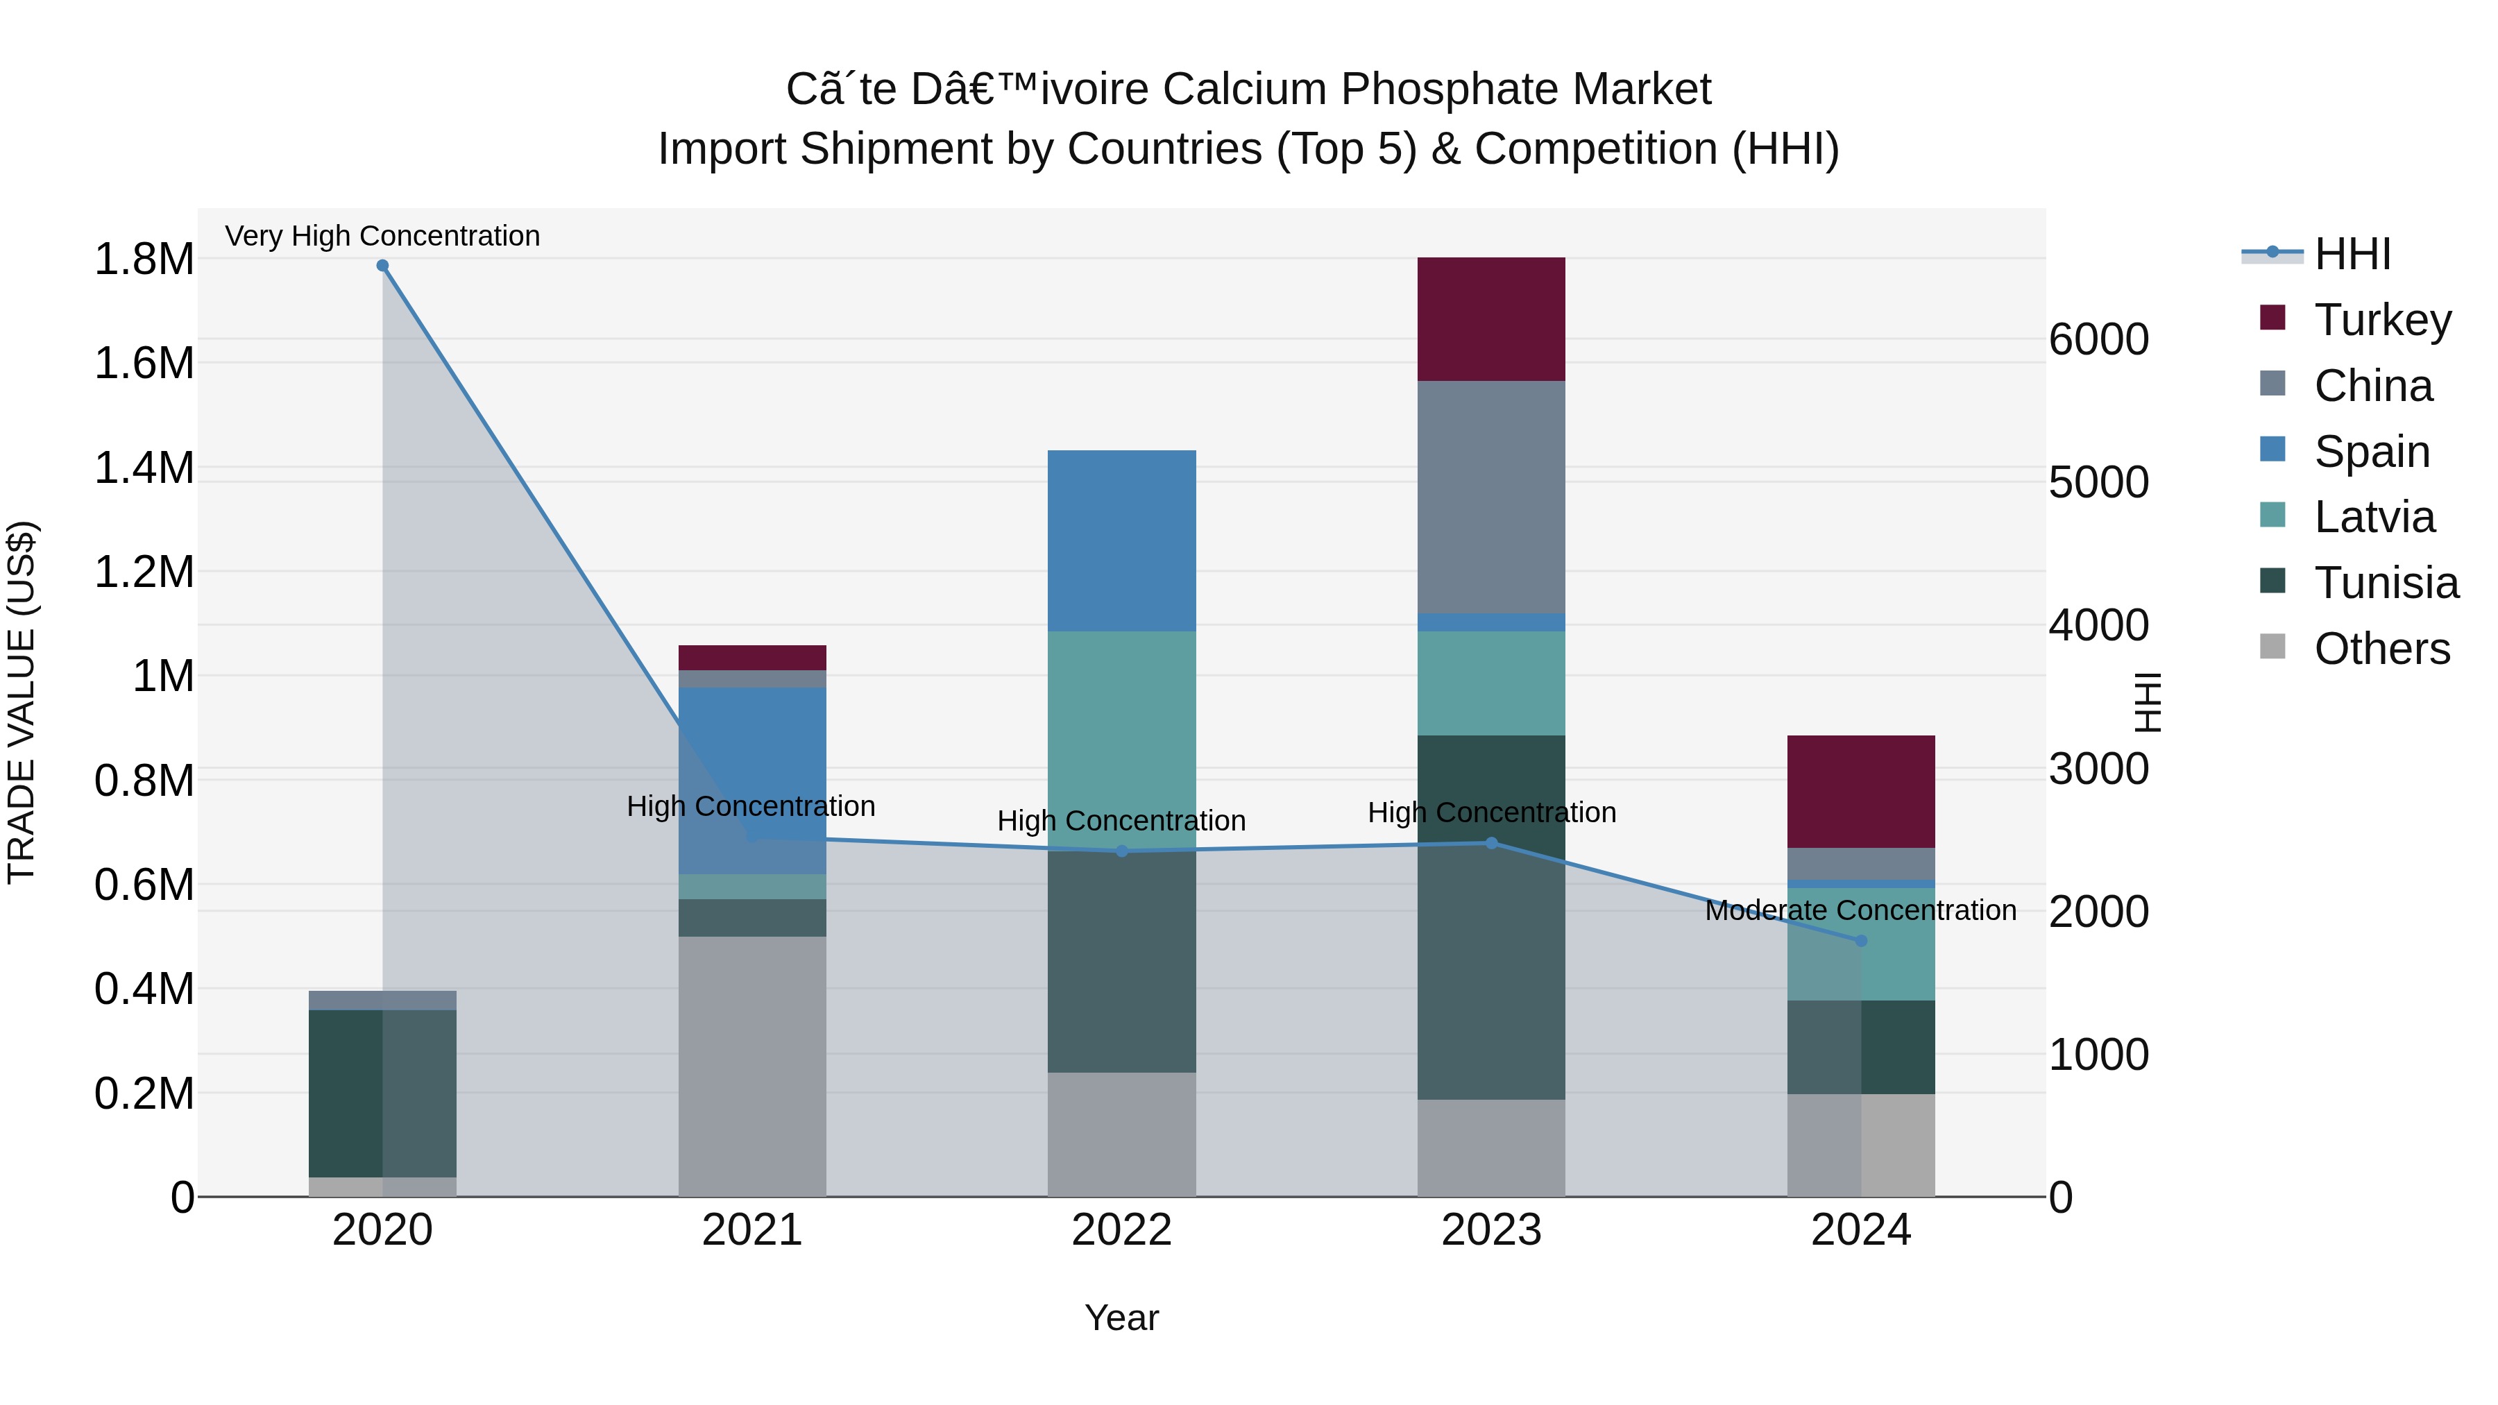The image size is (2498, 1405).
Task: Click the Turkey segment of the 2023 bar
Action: [x=1490, y=319]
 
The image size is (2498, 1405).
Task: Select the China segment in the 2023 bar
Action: [x=1490, y=497]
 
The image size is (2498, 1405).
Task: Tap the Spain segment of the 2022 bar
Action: [x=1122, y=540]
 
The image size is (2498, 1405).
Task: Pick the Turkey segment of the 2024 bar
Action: [x=1860, y=791]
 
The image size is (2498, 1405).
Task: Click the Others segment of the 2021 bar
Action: [x=751, y=1066]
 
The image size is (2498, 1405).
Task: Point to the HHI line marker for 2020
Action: [x=382, y=266]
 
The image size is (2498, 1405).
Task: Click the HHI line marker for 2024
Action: [x=1860, y=941]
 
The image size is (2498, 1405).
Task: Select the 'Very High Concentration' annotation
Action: [x=382, y=236]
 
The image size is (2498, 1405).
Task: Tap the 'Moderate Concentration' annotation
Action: [x=1860, y=910]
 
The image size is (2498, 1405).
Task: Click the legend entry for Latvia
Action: [x=2373, y=517]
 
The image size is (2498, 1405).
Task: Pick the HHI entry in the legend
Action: [x=2351, y=254]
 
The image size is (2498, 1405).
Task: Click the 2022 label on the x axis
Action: [x=1122, y=1230]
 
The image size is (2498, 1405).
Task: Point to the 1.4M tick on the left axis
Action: [x=144, y=468]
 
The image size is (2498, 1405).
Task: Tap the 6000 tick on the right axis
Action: [x=2098, y=339]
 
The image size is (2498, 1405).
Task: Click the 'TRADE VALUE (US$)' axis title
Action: [x=22, y=702]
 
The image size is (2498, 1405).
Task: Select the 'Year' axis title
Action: [x=1122, y=1318]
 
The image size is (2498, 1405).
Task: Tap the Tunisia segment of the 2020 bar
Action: [x=382, y=1093]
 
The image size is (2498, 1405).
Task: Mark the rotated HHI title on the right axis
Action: [x=2147, y=702]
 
